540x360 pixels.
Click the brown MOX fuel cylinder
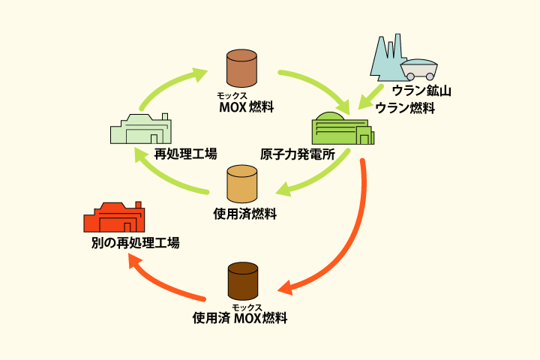(x=242, y=68)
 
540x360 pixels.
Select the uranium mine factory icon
(x=387, y=58)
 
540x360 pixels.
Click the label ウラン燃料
(x=405, y=108)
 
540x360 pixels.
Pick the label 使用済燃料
(x=245, y=214)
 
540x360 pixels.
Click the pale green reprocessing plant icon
(x=141, y=129)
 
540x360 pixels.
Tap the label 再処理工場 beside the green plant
(x=185, y=154)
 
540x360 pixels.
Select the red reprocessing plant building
(x=114, y=218)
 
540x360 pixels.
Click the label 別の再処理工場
(x=136, y=243)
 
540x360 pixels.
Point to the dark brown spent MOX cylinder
(x=242, y=280)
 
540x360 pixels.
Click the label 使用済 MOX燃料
(x=240, y=317)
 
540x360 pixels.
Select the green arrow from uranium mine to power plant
(x=372, y=96)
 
